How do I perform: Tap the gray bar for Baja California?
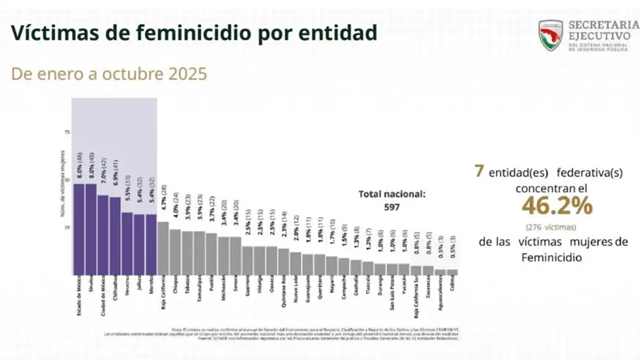pyautogui.click(x=163, y=247)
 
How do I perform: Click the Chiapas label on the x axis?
pyautogui.click(x=176, y=286)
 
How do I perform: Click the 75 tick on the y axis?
pyautogui.click(x=66, y=133)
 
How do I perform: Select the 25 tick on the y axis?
pyautogui.click(x=66, y=227)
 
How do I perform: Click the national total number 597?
pyautogui.click(x=392, y=208)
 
